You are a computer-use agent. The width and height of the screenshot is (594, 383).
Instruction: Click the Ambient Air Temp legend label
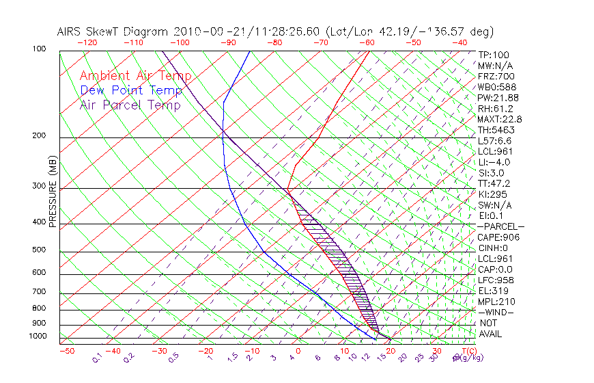[135, 76]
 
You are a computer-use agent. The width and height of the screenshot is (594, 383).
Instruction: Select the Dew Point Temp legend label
[131, 90]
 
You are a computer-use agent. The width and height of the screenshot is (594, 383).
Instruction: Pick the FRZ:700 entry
[496, 76]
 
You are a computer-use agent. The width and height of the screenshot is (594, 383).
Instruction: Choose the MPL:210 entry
[496, 302]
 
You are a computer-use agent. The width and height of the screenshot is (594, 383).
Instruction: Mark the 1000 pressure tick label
[38, 336]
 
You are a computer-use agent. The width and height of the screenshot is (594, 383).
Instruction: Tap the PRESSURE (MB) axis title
[53, 194]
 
